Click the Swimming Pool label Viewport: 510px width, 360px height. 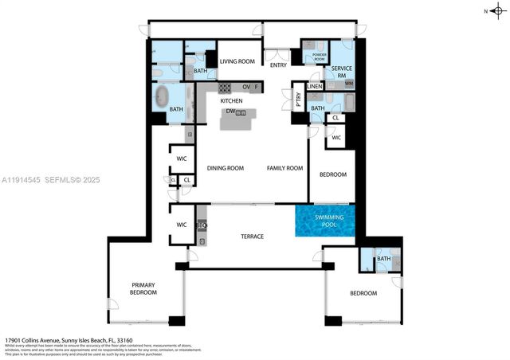[324, 221]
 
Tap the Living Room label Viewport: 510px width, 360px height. [237, 61]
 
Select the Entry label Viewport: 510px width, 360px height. [278, 65]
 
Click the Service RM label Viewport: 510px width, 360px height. [342, 71]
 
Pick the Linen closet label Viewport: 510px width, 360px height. [315, 86]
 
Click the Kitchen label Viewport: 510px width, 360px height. [231, 101]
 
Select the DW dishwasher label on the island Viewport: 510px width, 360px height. [229, 112]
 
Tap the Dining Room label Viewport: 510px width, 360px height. [225, 168]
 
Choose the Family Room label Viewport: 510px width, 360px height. [284, 168]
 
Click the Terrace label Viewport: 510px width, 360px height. [252, 237]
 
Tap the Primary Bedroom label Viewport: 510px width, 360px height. [143, 289]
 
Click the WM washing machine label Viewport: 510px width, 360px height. [349, 83]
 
